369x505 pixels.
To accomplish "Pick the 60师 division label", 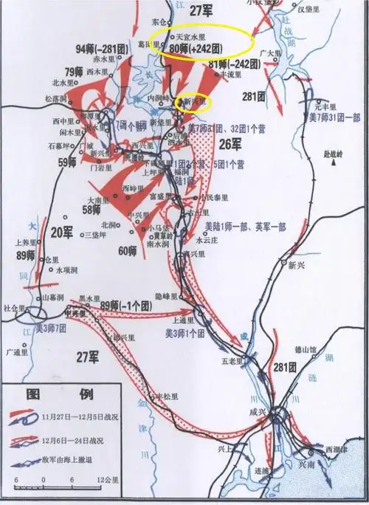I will (x=128, y=250).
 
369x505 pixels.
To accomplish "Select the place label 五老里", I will (x=232, y=361).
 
